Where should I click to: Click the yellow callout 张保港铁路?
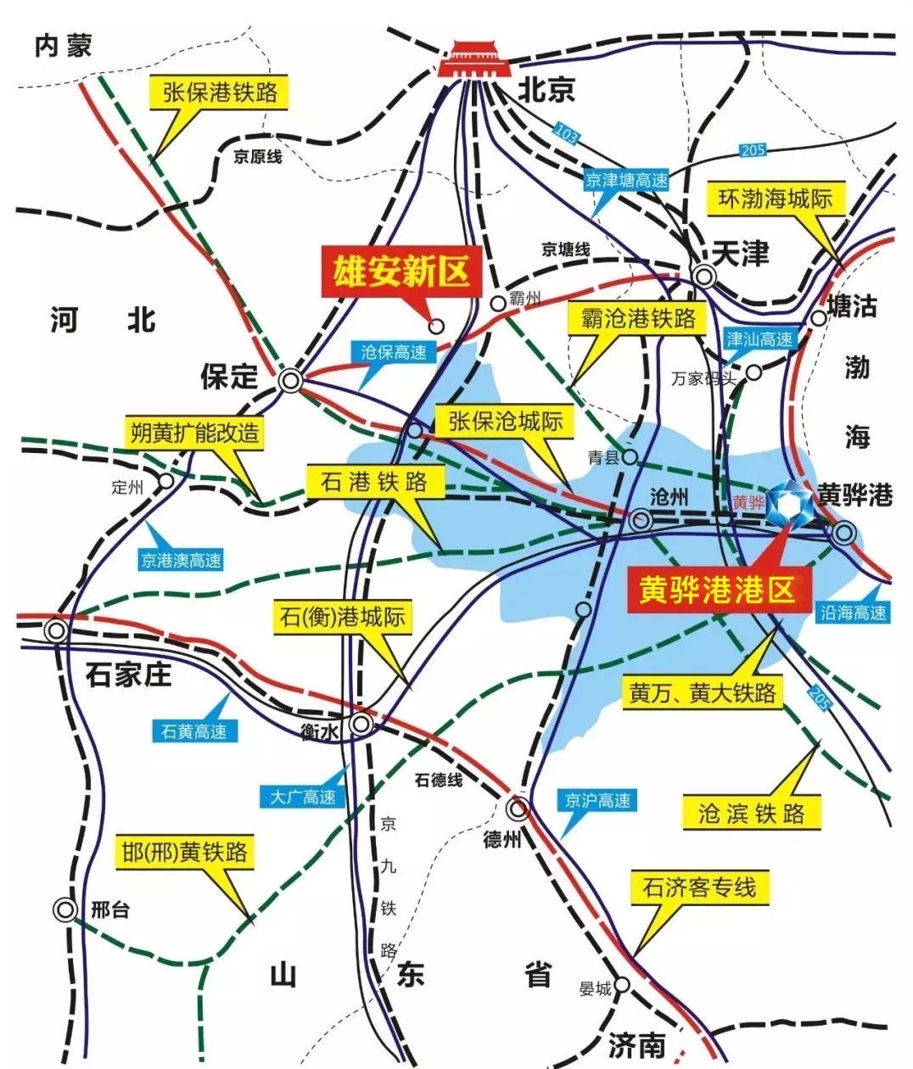(220, 92)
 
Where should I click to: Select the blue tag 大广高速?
(303, 797)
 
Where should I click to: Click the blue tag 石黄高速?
(194, 730)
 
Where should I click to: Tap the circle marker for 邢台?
(64, 909)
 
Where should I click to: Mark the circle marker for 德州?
(518, 807)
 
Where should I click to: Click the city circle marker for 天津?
(703, 276)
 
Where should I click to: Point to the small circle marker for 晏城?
(622, 985)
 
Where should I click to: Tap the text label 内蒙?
(63, 46)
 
